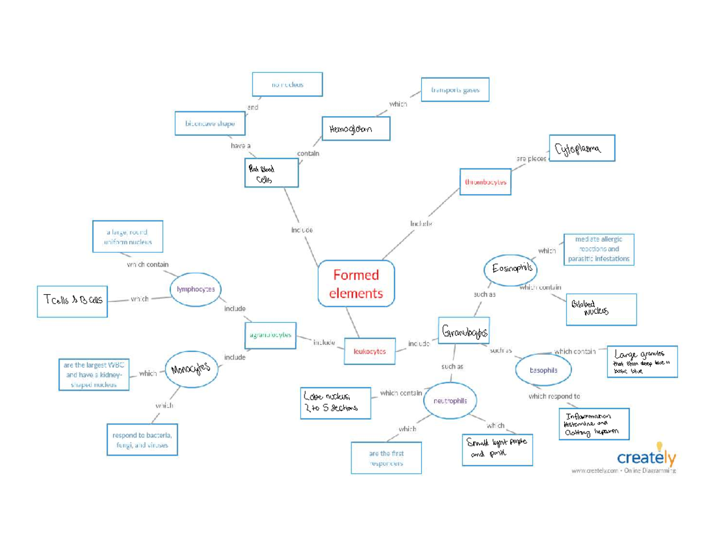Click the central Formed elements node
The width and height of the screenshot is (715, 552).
(x=356, y=283)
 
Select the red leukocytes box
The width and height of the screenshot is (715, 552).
(x=369, y=351)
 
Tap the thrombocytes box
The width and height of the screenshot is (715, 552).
(x=486, y=182)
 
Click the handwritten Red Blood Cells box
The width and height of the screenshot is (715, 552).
(x=271, y=173)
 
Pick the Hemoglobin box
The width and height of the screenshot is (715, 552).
(x=356, y=129)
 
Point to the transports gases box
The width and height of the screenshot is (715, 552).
(x=455, y=90)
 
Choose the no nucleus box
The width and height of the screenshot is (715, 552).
(x=287, y=85)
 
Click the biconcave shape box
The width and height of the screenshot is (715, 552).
(x=210, y=124)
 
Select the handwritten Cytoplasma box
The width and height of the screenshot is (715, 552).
(x=581, y=148)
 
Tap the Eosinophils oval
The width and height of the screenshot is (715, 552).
(x=511, y=269)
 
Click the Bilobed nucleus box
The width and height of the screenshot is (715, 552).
(x=601, y=310)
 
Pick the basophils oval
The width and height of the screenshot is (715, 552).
(x=543, y=370)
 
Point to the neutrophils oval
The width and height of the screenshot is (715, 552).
(x=450, y=401)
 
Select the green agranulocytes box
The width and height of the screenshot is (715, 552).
(x=271, y=335)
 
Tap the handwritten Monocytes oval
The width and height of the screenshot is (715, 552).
(x=191, y=369)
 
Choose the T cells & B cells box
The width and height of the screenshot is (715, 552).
(x=73, y=300)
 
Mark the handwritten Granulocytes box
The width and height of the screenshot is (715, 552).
(x=465, y=332)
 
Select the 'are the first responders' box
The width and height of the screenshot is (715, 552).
(x=386, y=458)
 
